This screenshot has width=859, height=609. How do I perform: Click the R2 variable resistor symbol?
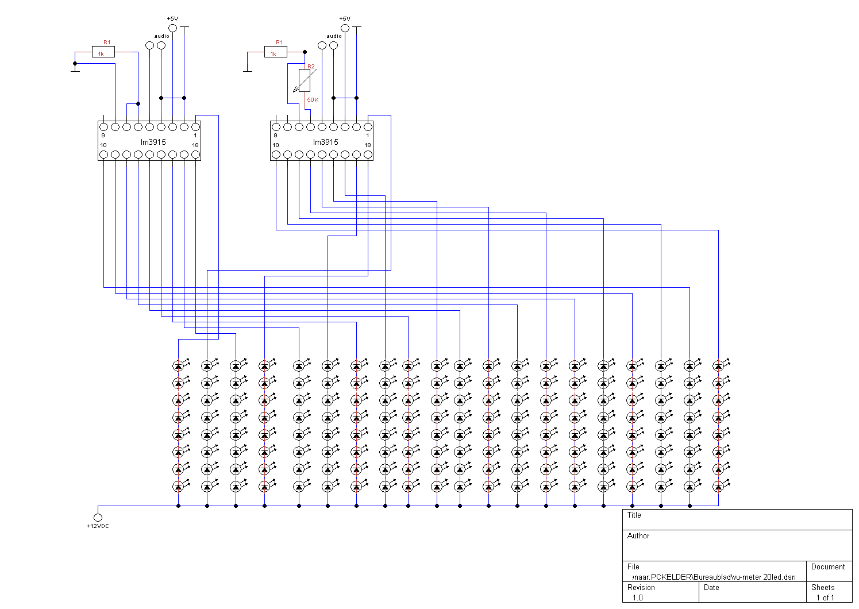(305, 80)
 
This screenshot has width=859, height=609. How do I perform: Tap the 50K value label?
(313, 99)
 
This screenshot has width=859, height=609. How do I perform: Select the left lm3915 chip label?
(153, 142)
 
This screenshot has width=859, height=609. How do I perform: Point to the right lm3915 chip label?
(326, 142)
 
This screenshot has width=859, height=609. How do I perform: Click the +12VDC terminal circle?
(98, 517)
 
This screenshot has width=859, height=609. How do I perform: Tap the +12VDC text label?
(98, 526)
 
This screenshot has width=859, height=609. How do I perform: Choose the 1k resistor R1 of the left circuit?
(103, 52)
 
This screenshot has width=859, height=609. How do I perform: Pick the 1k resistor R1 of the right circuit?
(276, 52)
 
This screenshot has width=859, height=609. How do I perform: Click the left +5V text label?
(172, 19)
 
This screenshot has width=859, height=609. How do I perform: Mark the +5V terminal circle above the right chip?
(345, 28)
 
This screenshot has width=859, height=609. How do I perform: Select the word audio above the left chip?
(162, 36)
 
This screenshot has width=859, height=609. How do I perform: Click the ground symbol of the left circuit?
(75, 70)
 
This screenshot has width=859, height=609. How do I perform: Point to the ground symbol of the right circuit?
(247, 70)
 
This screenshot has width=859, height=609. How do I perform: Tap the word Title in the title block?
(634, 515)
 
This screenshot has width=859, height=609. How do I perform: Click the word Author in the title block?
(638, 536)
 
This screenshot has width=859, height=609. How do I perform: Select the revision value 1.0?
(637, 598)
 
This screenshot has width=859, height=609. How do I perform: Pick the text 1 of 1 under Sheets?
(825, 598)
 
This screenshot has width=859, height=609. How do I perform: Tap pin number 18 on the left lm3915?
(195, 145)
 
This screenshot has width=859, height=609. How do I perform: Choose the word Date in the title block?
(711, 587)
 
